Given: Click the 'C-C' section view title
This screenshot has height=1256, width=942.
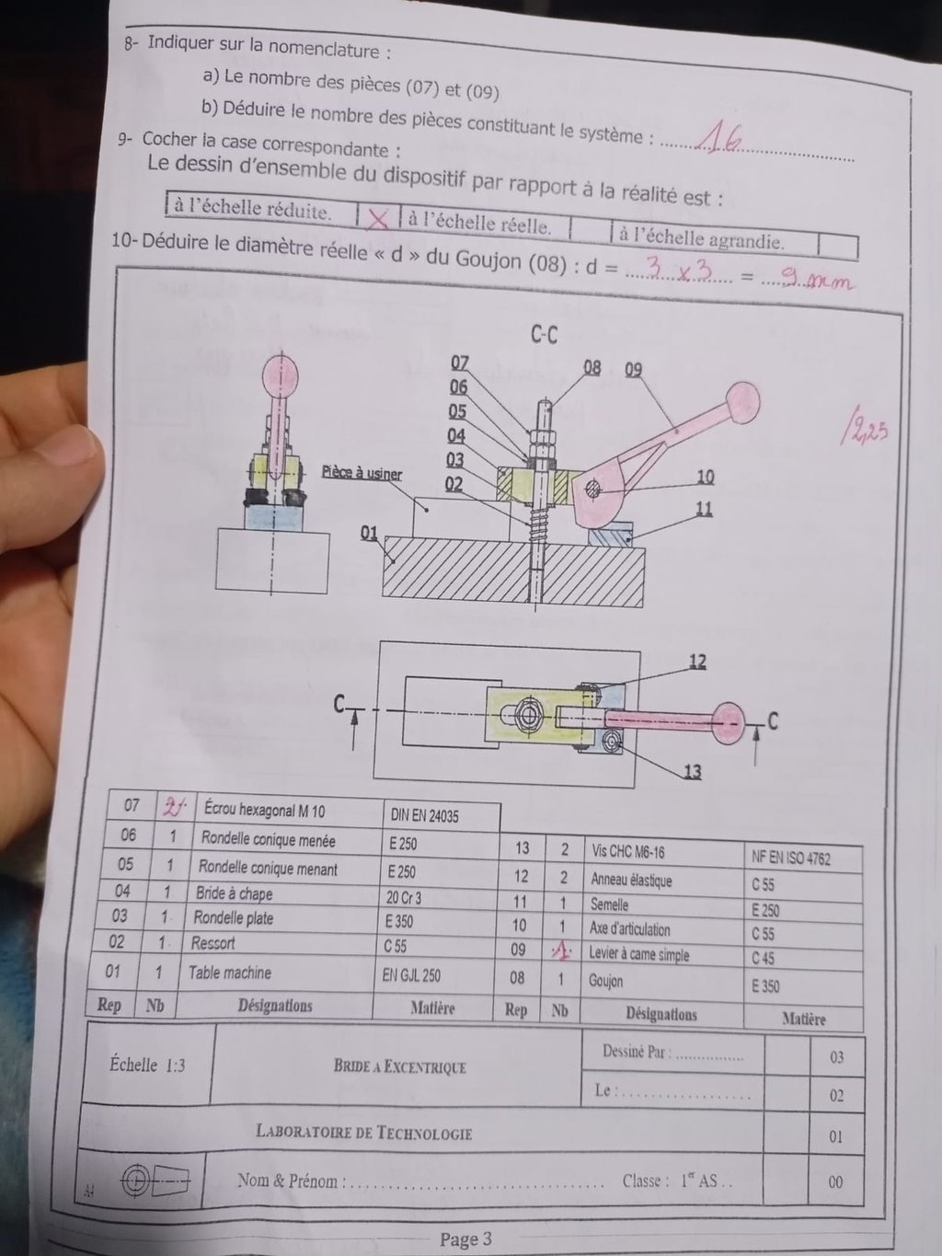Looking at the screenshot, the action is coord(544,335).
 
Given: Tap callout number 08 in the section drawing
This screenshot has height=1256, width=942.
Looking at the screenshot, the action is coord(592,367).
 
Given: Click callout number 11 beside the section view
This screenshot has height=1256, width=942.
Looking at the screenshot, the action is coord(704,508).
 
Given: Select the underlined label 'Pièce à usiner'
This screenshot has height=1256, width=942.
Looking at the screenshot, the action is coord(362,473).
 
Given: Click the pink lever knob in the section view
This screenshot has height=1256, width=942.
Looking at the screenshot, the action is coord(743,402).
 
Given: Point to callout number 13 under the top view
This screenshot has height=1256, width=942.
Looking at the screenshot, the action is coord(693,771).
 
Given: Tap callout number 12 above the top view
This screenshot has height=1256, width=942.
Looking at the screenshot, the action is coord(697,663).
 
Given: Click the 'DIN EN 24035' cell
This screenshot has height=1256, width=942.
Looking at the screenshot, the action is coord(424,816).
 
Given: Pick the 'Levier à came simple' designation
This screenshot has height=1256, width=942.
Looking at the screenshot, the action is coord(638,954).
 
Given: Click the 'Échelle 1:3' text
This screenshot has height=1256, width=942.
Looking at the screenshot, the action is coord(147,1065).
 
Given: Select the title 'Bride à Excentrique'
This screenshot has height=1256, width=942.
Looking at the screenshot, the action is coord(400,1066).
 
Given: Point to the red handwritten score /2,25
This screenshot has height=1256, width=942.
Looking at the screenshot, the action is coord(864,431).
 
